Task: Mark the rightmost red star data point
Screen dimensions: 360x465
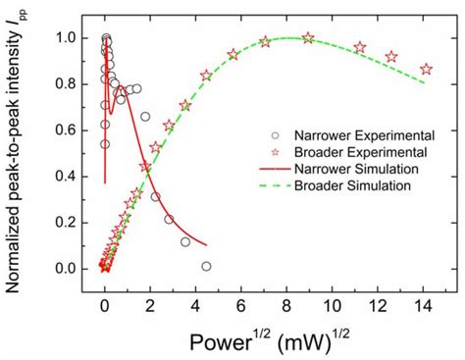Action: point(426,69)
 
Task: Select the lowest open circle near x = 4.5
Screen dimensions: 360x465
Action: point(207,266)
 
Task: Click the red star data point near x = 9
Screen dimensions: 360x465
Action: point(309,37)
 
